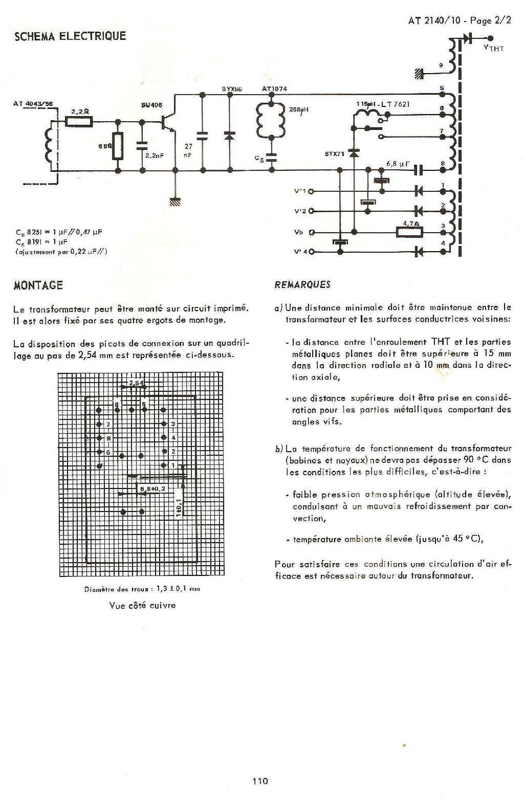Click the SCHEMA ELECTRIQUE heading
(70, 36)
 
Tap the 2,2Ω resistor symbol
(79, 121)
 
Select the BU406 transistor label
(151, 105)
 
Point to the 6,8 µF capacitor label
(398, 164)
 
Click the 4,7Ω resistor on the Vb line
(410, 232)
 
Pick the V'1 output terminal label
(300, 191)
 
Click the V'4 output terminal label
(300, 252)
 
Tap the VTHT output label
(493, 48)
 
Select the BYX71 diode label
(334, 153)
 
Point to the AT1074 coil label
(274, 89)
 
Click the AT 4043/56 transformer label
(33, 104)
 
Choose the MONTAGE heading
(38, 285)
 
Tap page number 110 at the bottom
(260, 781)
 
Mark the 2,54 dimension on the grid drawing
(137, 383)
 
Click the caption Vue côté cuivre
(142, 605)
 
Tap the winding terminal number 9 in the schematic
(441, 65)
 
